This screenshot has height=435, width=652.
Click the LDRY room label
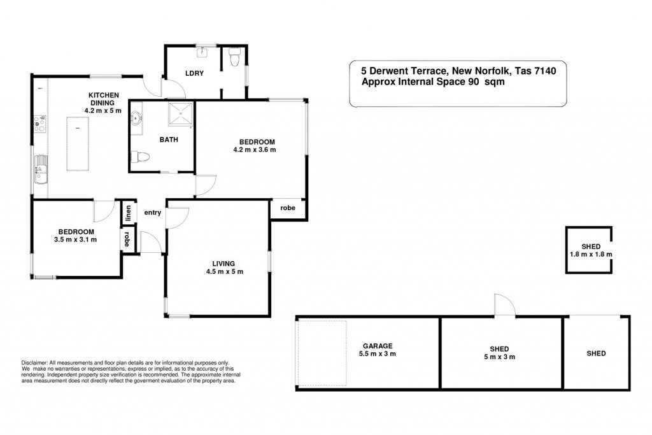(x=194, y=73)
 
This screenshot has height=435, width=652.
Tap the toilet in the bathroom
(x=140, y=157)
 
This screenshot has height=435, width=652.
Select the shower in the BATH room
(x=180, y=114)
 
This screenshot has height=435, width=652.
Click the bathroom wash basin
(x=136, y=118)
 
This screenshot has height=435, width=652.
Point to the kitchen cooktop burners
(x=40, y=124)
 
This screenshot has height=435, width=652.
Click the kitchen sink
(x=41, y=169)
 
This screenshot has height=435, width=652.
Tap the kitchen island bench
(x=78, y=143)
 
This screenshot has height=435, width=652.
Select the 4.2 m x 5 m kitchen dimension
(x=103, y=111)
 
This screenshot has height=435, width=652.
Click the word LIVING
(x=223, y=264)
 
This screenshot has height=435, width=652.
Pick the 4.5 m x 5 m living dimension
(x=225, y=271)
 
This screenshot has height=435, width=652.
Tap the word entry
(x=153, y=213)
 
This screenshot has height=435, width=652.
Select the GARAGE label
(x=378, y=346)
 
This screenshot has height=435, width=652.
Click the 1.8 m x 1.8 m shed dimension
(x=591, y=254)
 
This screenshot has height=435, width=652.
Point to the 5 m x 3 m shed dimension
(x=499, y=357)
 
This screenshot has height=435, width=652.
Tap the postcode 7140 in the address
(x=545, y=71)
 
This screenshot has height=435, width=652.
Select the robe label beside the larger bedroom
(x=287, y=208)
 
